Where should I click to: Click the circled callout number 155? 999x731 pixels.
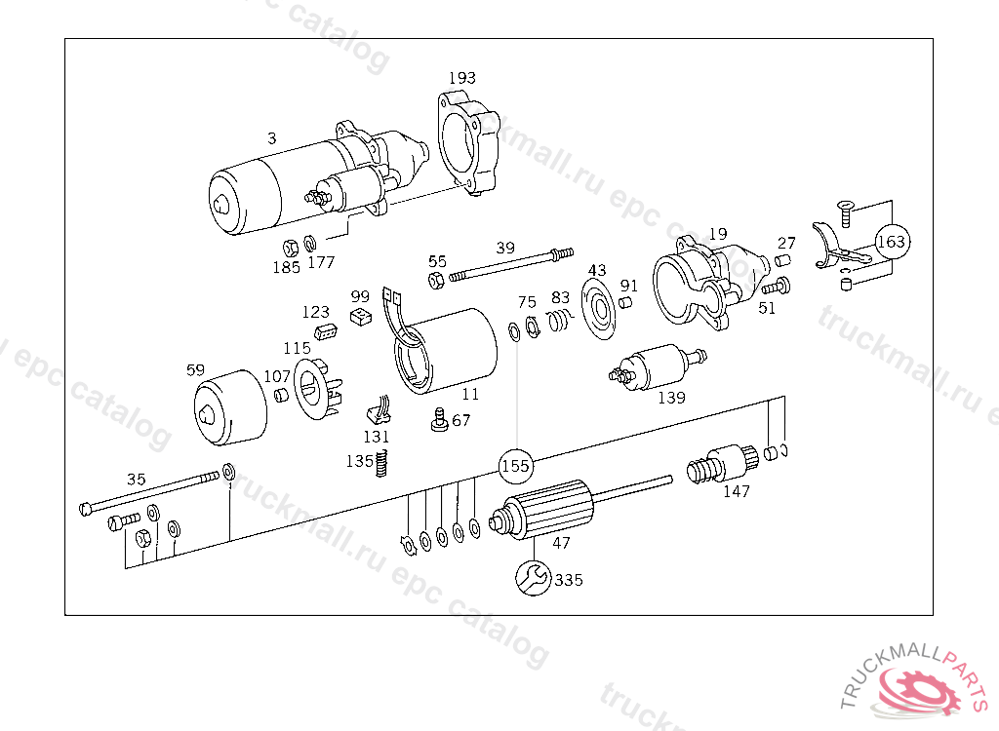click(x=515, y=466)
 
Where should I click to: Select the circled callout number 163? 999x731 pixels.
click(x=891, y=242)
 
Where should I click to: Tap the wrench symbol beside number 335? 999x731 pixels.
click(x=533, y=578)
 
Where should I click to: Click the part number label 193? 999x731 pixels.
click(x=461, y=78)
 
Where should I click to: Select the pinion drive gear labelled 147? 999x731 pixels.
click(x=721, y=464)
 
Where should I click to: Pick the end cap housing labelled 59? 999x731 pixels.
click(x=230, y=407)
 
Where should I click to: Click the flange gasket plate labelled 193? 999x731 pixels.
click(x=469, y=142)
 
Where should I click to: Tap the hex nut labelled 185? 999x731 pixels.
click(x=291, y=248)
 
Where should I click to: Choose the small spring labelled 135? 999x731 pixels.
click(x=381, y=463)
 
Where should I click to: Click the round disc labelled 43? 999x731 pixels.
click(x=600, y=308)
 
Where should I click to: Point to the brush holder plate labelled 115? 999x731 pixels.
click(x=317, y=389)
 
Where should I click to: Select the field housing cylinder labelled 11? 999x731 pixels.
click(x=446, y=351)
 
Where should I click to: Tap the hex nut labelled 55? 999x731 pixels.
click(x=436, y=280)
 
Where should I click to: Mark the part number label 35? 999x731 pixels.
click(x=137, y=479)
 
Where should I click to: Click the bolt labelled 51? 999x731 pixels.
click(x=777, y=286)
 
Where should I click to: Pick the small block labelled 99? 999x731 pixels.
click(x=361, y=317)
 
